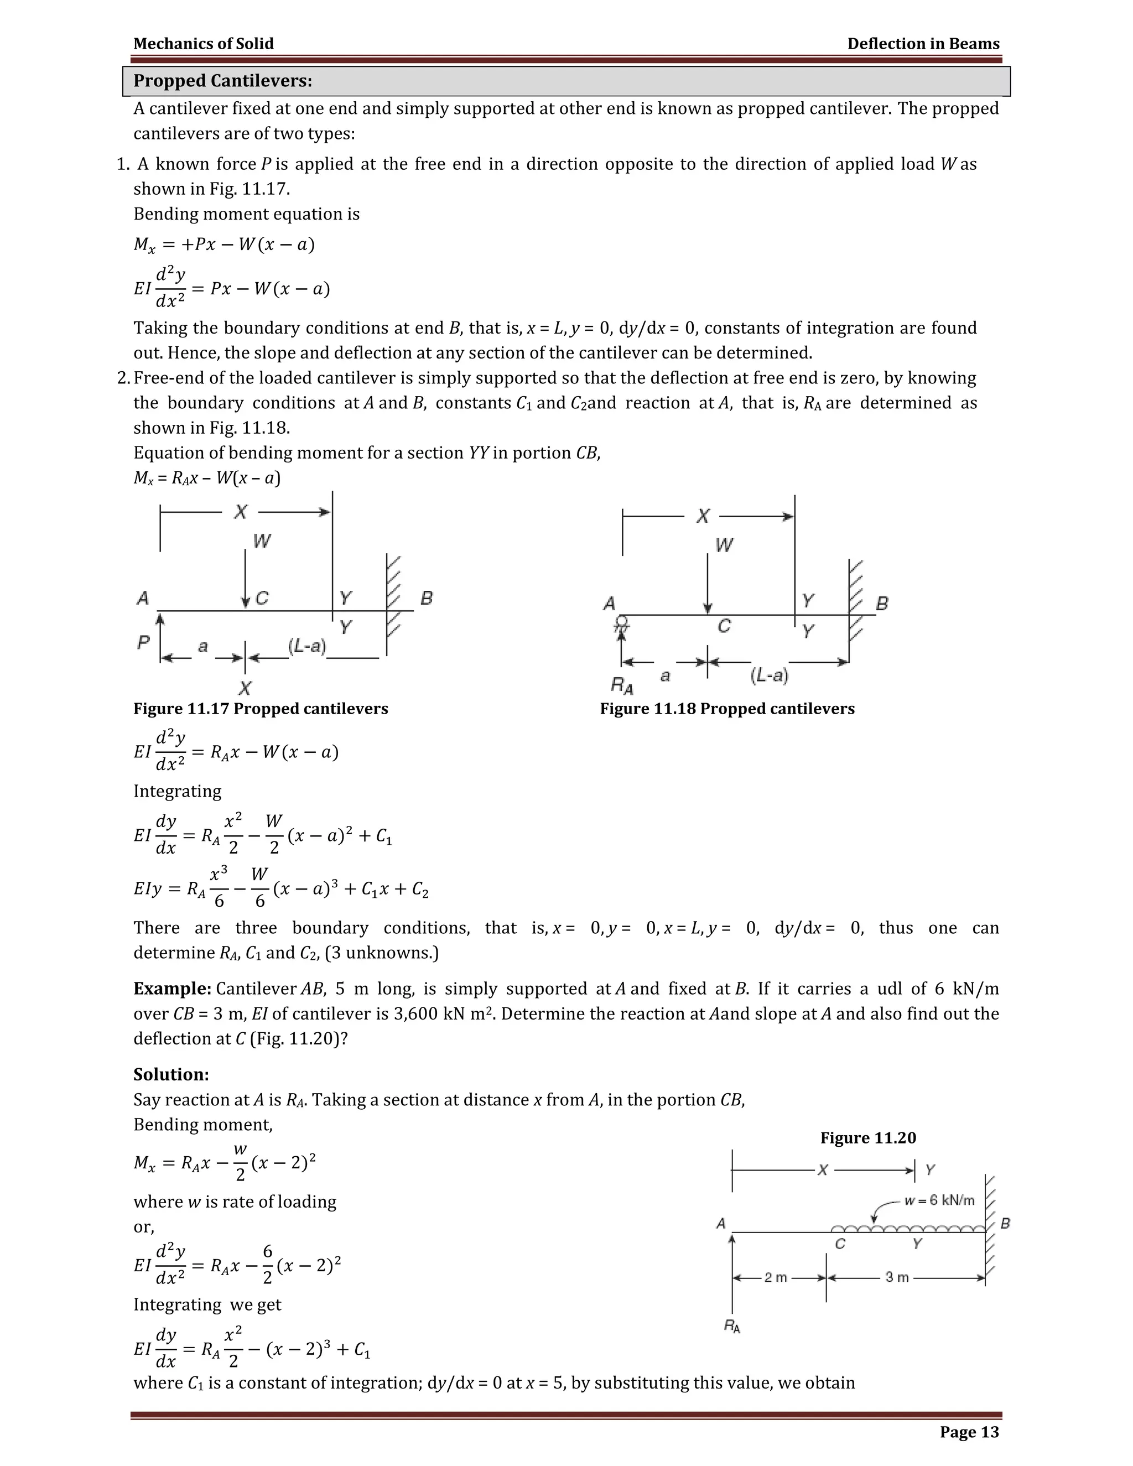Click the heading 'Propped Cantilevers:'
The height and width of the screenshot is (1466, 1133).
click(x=222, y=81)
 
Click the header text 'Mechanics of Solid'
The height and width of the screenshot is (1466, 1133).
click(x=204, y=44)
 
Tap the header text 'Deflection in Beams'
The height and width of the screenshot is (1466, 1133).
click(x=923, y=44)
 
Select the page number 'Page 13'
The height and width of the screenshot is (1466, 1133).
click(x=969, y=1432)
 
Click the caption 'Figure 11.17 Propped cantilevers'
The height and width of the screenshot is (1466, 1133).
click(x=261, y=709)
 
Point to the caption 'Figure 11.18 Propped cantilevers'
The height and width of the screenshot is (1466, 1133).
click(x=727, y=709)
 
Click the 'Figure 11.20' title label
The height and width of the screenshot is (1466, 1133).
click(x=868, y=1138)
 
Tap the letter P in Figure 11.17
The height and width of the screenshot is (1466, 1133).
click(x=143, y=642)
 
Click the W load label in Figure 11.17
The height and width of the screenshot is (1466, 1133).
click(x=262, y=541)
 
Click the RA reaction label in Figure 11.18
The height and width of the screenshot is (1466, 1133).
click(x=621, y=685)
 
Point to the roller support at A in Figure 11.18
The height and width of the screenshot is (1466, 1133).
click(x=622, y=623)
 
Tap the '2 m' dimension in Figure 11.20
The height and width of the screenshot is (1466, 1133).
click(x=776, y=1277)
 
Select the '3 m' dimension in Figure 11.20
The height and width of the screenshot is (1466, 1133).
click(x=897, y=1277)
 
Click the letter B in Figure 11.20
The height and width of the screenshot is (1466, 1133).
click(x=1005, y=1223)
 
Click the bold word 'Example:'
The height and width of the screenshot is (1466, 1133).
click(x=173, y=989)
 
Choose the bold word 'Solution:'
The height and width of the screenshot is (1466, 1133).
click(x=171, y=1075)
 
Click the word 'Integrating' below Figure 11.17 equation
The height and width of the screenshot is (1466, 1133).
click(x=177, y=792)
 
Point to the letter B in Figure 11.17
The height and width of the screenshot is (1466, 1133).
click(x=426, y=597)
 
